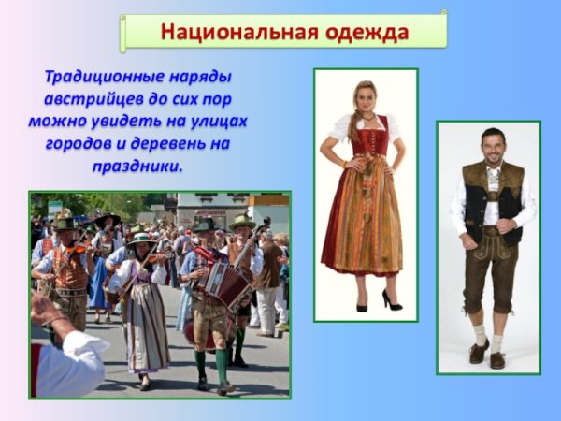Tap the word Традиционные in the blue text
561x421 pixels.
[137, 77]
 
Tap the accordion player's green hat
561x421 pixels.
[203, 225]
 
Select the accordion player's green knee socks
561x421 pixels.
[210, 360]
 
